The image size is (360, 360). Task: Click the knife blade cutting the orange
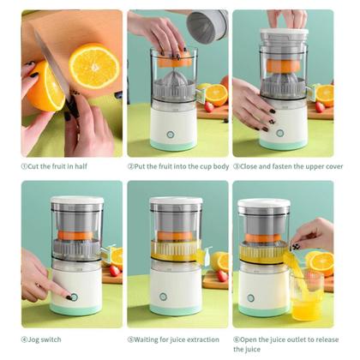(x=51, y=63)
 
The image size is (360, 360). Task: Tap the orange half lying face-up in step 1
(x=94, y=66)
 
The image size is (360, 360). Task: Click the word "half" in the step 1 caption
(x=81, y=166)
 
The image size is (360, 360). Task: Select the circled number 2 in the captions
(x=131, y=166)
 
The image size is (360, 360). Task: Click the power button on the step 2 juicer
(x=171, y=135)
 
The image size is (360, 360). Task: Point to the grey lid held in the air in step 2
(x=207, y=27)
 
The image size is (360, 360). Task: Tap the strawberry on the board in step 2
(x=209, y=107)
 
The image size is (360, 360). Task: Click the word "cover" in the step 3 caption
(x=334, y=166)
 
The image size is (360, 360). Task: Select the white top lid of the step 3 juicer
(x=285, y=32)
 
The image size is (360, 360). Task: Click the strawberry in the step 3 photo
(x=320, y=107)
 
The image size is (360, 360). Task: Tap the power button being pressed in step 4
(x=74, y=297)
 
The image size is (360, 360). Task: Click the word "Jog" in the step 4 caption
(x=34, y=339)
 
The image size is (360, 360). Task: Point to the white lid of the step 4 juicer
(x=77, y=200)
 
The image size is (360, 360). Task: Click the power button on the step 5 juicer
(x=163, y=297)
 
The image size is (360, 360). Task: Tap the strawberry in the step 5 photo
(x=222, y=276)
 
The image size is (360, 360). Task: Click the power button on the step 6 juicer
(x=251, y=298)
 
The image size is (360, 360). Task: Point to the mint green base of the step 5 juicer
(x=176, y=310)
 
